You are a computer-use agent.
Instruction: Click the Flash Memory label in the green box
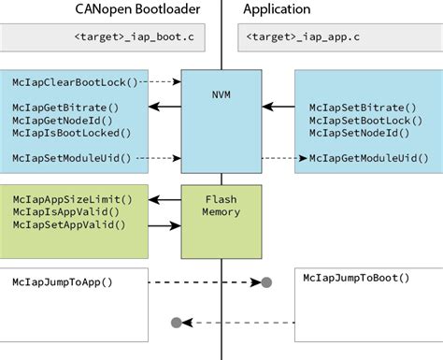(x=221, y=205)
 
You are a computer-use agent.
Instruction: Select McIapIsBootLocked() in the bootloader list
(x=69, y=134)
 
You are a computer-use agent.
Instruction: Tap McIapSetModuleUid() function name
(x=72, y=158)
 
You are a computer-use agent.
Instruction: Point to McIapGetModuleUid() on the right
(x=368, y=158)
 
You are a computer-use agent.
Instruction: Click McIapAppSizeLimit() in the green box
(x=72, y=198)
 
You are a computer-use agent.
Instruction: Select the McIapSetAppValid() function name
(x=69, y=224)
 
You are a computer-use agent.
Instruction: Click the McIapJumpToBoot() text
(x=357, y=278)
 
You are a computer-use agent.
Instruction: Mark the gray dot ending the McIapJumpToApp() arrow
(x=266, y=281)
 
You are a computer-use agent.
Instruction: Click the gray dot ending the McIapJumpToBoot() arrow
(x=176, y=324)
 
